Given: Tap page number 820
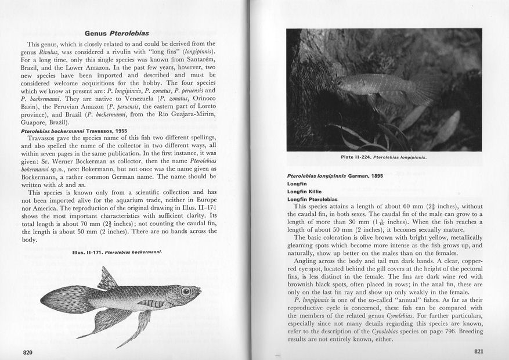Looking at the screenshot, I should [27, 352].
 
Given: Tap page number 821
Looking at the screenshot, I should [479, 351].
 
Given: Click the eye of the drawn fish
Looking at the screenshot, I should [186, 291].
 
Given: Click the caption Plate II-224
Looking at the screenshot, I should [384, 156].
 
